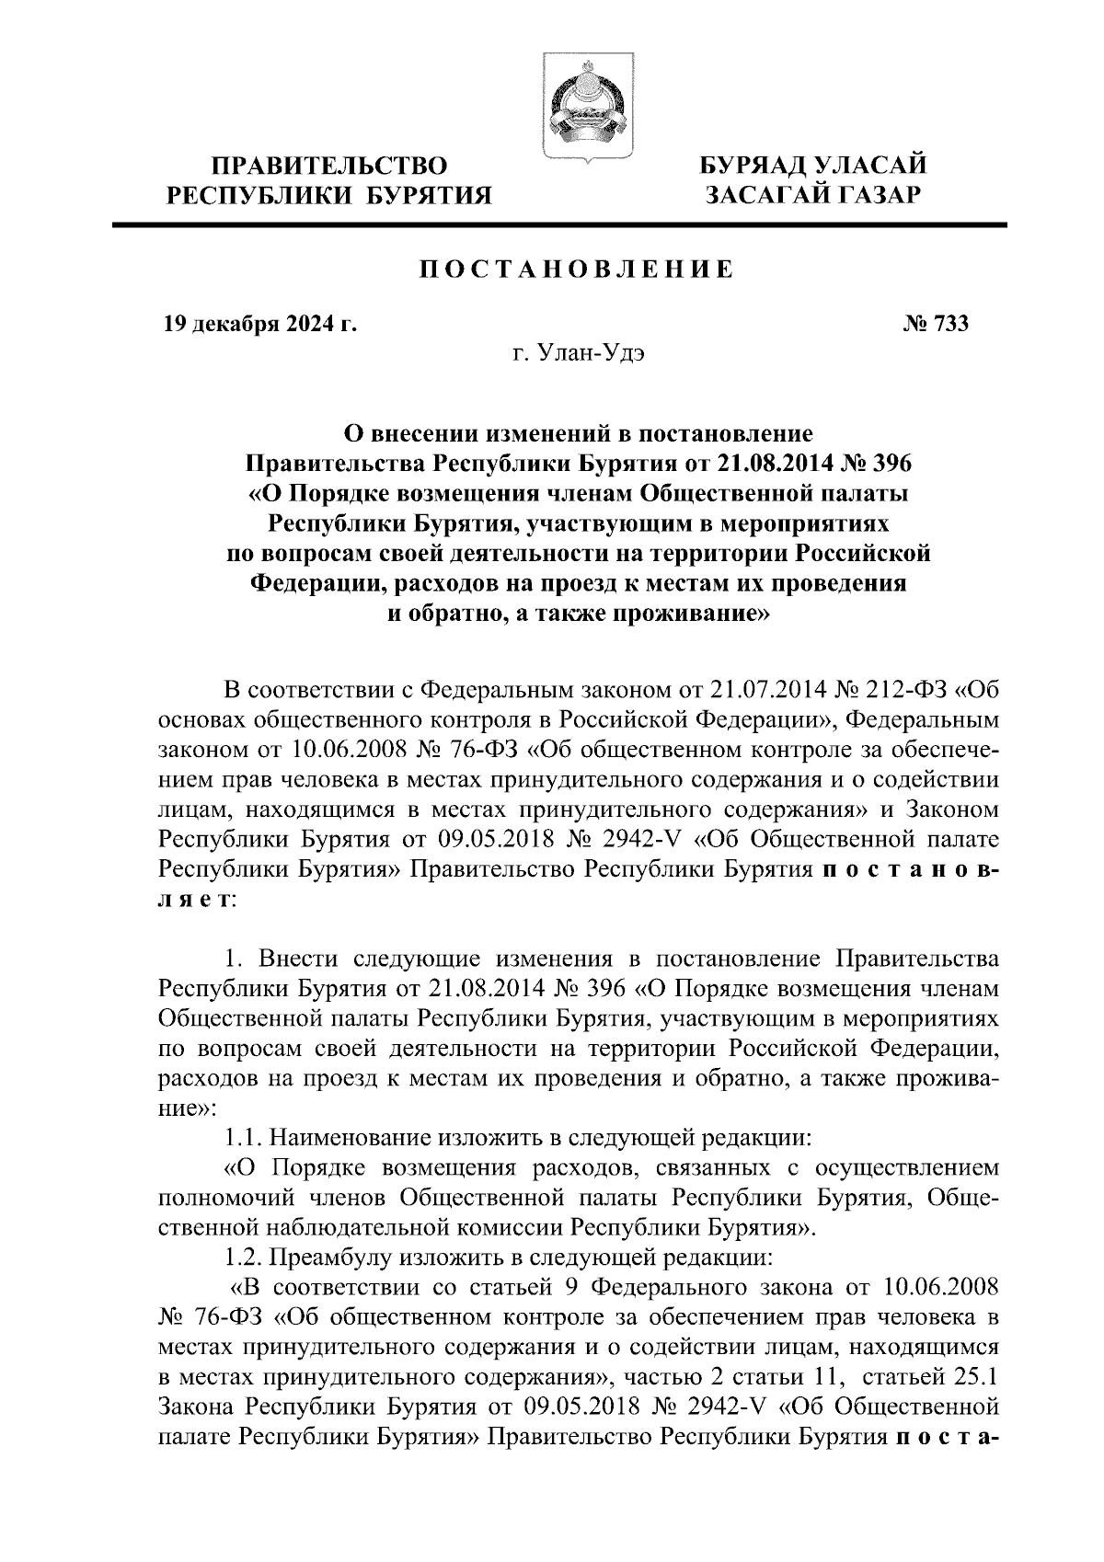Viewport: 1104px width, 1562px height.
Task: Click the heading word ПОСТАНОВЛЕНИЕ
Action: tap(577, 270)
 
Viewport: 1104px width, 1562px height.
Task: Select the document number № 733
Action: tap(936, 324)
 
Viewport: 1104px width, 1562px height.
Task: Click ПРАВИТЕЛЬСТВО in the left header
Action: tap(330, 167)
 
